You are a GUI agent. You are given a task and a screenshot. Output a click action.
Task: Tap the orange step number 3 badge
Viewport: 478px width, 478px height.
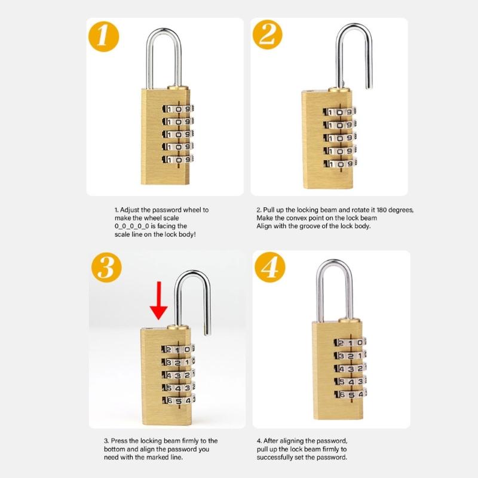(106, 268)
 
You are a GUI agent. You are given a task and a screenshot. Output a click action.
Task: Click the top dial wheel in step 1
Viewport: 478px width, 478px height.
(178, 109)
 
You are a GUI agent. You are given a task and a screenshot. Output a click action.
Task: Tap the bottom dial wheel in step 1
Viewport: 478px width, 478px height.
(178, 160)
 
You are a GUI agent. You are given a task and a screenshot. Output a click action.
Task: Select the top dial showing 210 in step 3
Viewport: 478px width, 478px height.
(178, 350)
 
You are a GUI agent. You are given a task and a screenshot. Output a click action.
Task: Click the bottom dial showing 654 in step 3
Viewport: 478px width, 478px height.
(178, 402)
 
